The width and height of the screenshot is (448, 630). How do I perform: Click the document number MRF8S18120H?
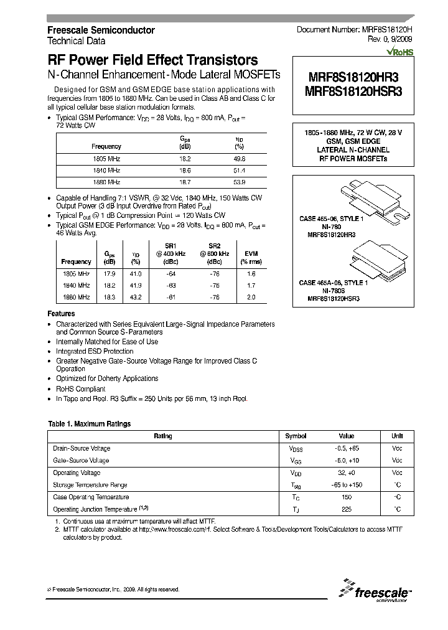[355, 30]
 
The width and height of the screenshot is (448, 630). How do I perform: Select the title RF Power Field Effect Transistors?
[153, 60]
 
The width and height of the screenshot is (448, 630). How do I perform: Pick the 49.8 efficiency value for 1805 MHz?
[239, 159]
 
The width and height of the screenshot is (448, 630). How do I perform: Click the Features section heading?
[62, 314]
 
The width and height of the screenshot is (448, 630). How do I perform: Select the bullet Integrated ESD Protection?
[95, 352]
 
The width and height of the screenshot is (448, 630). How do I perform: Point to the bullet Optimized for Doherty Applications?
[106, 378]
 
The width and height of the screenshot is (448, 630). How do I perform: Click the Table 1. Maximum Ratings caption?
[90, 424]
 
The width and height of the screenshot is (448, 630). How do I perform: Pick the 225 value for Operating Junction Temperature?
[347, 509]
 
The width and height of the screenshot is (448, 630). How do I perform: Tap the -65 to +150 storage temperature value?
[347, 485]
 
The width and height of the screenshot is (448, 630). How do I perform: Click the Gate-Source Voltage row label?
[82, 461]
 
